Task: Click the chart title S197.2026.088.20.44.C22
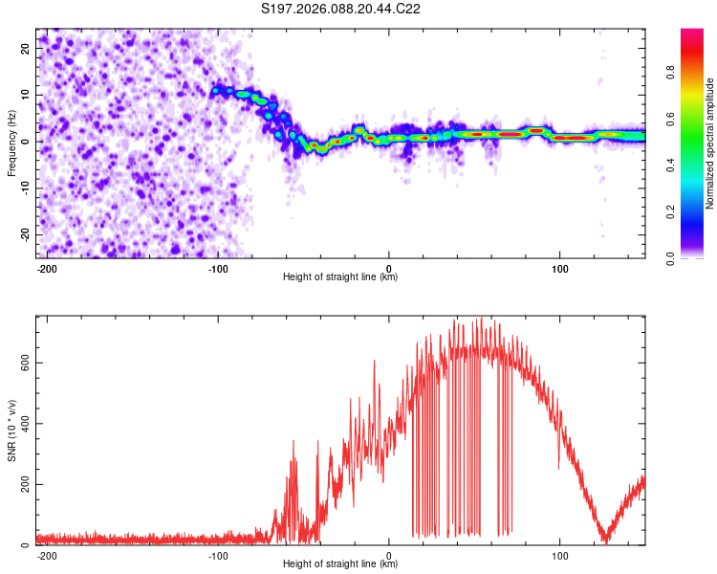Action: coord(341,9)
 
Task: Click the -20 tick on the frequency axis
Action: coord(26,234)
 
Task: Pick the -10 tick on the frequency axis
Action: coord(26,188)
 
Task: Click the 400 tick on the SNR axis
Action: coord(23,423)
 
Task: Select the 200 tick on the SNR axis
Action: coord(23,484)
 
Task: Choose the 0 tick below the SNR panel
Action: coord(389,556)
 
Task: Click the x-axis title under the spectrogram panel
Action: coord(340,277)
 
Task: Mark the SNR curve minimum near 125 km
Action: coord(603,541)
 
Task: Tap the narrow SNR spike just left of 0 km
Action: coord(374,362)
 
